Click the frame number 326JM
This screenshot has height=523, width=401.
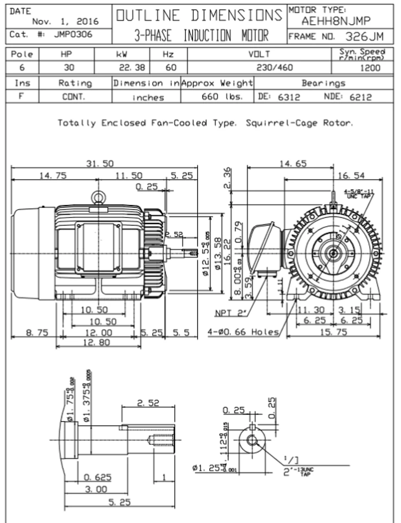tap(364, 36)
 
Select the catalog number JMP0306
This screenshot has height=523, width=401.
tap(73, 35)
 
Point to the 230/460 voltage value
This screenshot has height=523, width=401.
tap(274, 67)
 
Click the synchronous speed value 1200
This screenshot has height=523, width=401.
tap(370, 67)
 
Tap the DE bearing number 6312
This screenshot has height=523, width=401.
tap(289, 97)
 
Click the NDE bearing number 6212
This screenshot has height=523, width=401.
tap(361, 97)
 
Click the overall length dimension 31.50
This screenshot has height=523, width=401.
tap(100, 163)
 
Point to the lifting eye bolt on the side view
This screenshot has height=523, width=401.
tap(98, 197)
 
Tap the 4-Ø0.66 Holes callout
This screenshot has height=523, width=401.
tap(243, 332)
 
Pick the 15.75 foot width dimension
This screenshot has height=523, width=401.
tap(333, 332)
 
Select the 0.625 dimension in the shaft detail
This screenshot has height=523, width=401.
tap(97, 477)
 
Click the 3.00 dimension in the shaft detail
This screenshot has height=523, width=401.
tap(96, 489)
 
